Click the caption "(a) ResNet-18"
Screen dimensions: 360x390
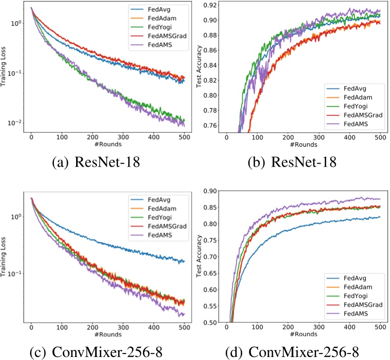[96, 161]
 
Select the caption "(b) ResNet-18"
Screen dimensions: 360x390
[291, 161]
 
